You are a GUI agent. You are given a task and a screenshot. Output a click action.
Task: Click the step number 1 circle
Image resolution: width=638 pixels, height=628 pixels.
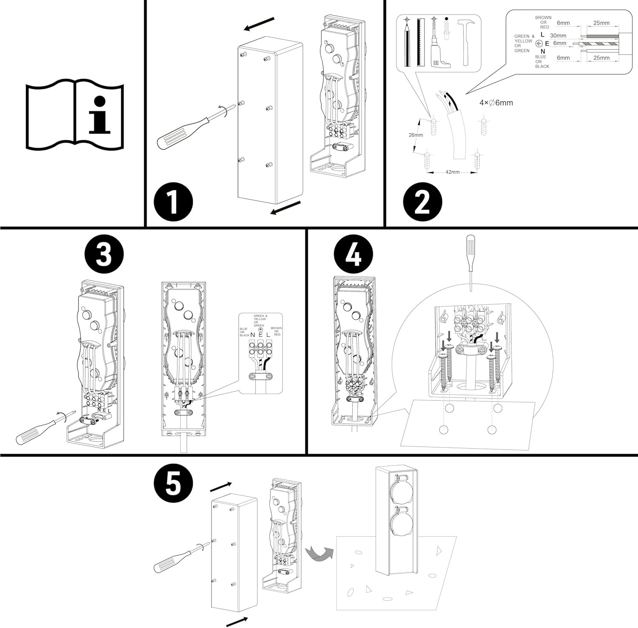click(x=173, y=201)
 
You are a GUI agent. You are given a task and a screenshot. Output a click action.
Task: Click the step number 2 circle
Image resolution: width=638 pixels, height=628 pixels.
click(x=422, y=201)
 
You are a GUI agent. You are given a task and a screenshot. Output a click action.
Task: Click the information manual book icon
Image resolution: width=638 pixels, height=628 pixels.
click(x=75, y=114)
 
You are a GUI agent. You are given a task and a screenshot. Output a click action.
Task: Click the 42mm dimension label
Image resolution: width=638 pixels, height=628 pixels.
click(x=452, y=172)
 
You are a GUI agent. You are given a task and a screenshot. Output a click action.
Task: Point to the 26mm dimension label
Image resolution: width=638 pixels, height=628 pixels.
click(x=416, y=135)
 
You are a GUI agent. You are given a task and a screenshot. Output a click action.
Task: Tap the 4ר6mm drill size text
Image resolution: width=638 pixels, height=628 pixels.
click(x=496, y=103)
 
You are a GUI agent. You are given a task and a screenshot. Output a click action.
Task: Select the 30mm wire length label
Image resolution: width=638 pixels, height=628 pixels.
click(x=558, y=36)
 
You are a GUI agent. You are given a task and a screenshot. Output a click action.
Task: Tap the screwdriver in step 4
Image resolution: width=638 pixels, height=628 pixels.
click(x=470, y=261)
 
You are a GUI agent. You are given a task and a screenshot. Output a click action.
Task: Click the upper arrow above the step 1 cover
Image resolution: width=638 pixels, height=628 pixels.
click(x=259, y=24)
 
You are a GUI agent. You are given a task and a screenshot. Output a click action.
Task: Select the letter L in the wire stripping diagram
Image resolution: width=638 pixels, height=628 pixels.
click(x=542, y=34)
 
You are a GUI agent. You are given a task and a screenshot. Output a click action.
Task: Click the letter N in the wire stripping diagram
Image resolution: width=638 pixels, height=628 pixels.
click(x=542, y=51)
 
